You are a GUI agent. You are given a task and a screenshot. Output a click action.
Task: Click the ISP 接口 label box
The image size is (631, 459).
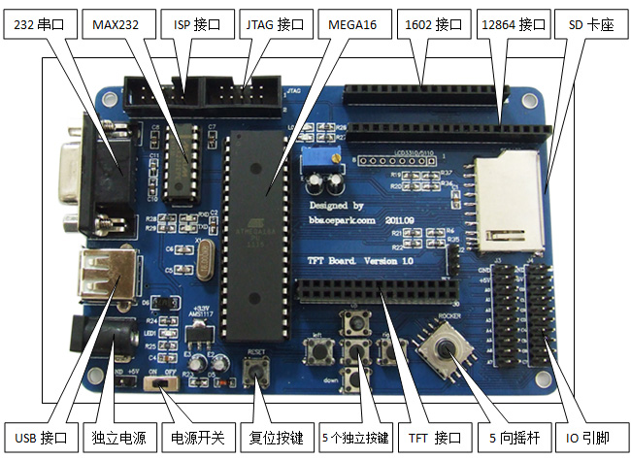[197, 21]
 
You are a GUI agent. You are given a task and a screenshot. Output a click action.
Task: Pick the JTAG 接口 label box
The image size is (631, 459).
[276, 21]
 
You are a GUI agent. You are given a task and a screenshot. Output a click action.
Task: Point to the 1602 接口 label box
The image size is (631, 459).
[434, 21]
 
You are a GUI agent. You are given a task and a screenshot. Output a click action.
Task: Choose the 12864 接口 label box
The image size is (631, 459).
[514, 21]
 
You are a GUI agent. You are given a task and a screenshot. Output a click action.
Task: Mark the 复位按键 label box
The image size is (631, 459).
[276, 439]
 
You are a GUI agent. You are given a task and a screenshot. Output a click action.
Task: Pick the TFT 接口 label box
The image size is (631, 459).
[434, 439]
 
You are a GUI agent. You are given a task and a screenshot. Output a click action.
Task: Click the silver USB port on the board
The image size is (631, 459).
[100, 278]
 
